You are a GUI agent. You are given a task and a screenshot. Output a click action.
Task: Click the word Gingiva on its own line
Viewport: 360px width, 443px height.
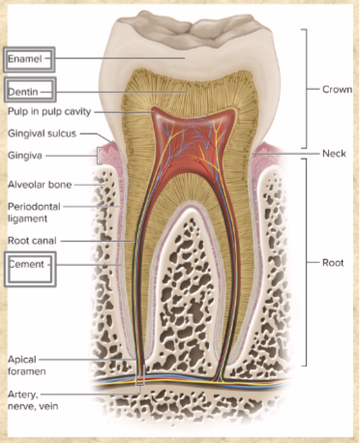[x=23, y=155]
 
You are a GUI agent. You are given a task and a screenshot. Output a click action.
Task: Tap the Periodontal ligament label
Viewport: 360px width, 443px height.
[x=31, y=213]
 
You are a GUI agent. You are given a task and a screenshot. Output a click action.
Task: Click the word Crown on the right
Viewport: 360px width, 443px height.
[x=337, y=89]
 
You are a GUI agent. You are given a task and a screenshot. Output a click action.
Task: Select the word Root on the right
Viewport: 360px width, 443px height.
[x=333, y=262]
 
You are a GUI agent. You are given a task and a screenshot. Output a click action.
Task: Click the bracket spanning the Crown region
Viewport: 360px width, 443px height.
[x=308, y=89]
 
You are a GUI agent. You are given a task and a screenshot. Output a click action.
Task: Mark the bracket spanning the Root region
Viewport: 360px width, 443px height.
[x=308, y=262]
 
